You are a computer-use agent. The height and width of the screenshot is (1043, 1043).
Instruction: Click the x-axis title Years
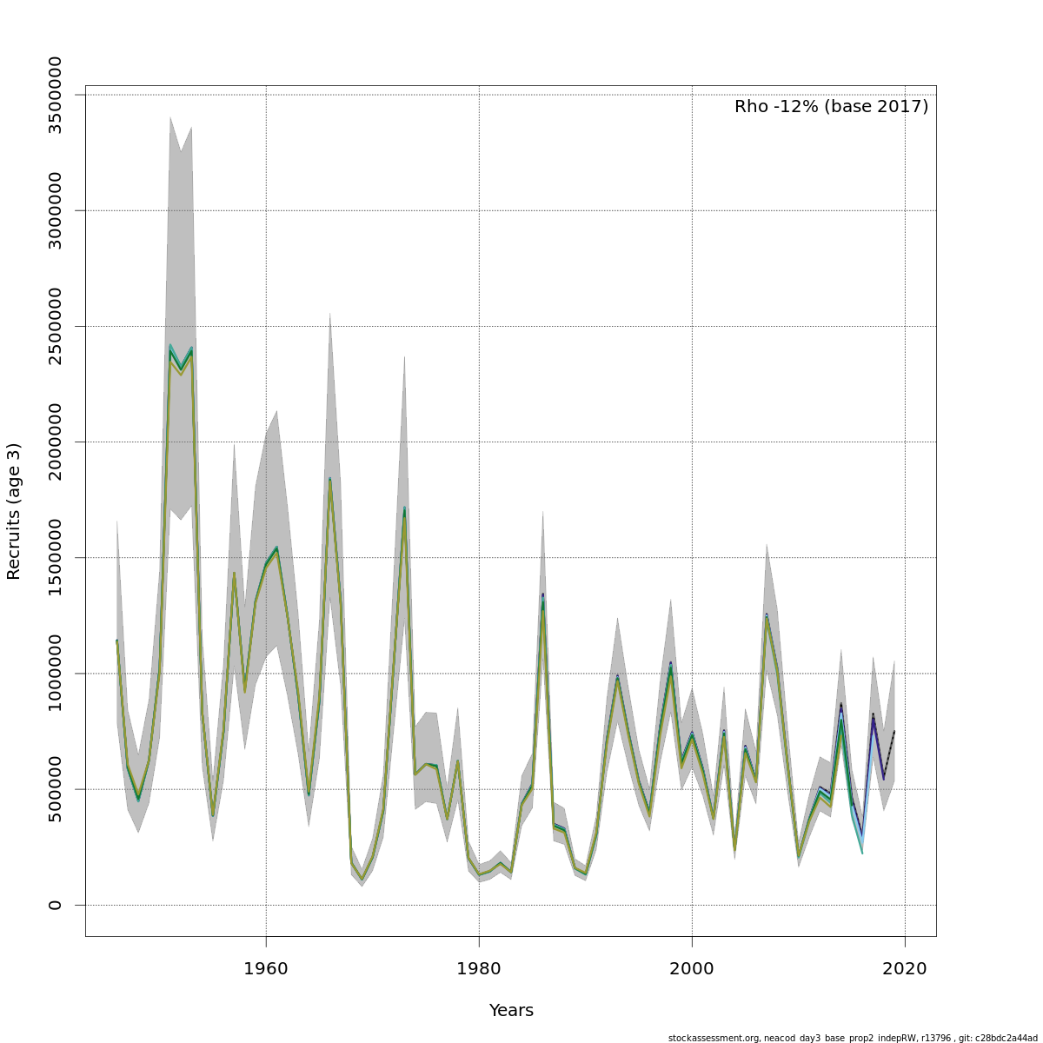511,1011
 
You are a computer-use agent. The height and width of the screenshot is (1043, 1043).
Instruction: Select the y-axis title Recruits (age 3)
14,511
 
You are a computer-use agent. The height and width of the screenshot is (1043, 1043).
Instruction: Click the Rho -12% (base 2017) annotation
831,107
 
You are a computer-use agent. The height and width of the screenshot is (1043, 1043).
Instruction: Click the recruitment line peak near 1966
329,480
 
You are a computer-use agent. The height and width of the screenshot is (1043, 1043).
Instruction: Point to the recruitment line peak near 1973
404,509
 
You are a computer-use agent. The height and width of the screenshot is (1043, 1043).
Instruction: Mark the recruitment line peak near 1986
542,597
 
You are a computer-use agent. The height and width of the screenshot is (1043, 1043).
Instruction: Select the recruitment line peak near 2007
767,616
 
